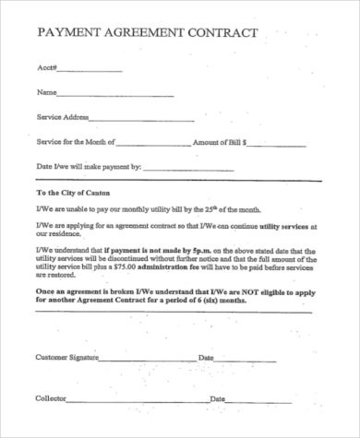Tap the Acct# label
(47, 68)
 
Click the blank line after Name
(115, 95)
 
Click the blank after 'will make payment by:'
(195, 169)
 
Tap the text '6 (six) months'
(222, 301)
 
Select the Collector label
(50, 398)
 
